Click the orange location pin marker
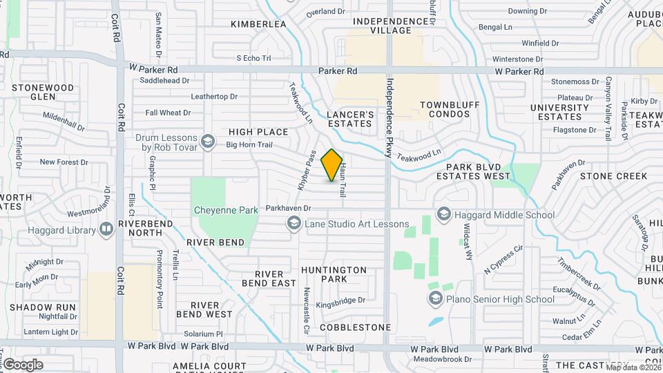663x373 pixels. coord(331,165)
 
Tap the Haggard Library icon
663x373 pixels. coord(106,229)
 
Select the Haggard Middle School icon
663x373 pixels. coord(443,215)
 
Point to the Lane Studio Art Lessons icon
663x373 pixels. coord(294,223)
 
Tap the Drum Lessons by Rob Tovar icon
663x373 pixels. coord(206,142)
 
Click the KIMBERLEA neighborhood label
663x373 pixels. coord(258,24)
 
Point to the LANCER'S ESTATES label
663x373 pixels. coord(350,119)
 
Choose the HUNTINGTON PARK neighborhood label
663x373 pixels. coord(334,274)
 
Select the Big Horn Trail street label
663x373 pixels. coord(250,145)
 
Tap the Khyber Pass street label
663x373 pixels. coord(307,171)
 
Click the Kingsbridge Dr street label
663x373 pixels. coord(340,300)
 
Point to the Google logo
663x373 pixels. coord(23,364)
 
